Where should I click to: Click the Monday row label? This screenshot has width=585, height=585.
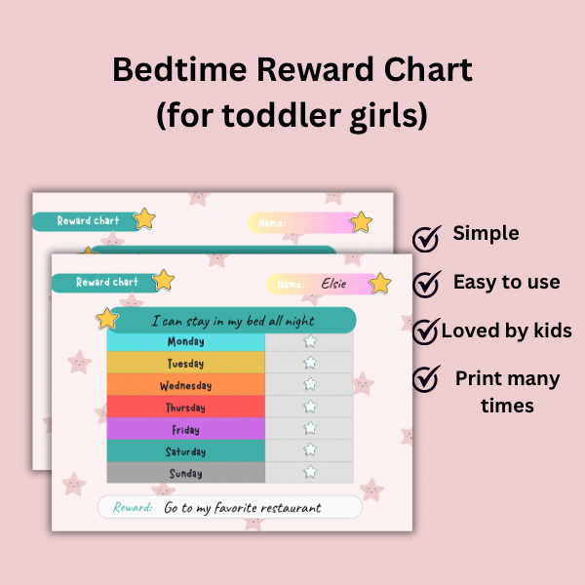click(x=186, y=341)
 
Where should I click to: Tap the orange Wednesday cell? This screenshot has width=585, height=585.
click(x=186, y=385)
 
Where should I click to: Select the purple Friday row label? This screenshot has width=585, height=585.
click(x=186, y=429)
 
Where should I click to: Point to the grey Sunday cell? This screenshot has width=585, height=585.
click(x=186, y=473)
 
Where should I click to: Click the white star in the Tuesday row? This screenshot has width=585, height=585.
click(x=310, y=363)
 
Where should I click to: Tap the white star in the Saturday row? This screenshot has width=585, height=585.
click(x=310, y=449)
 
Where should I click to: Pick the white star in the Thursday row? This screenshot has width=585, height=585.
click(x=310, y=407)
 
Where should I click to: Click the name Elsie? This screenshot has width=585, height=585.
click(x=333, y=284)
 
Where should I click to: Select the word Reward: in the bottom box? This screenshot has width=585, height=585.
click(x=133, y=507)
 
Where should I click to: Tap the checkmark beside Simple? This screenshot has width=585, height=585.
click(x=426, y=239)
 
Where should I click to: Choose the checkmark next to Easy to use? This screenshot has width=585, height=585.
click(x=426, y=284)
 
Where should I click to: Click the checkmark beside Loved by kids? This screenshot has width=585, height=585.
click(x=426, y=331)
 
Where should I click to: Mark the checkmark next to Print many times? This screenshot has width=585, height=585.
click(x=426, y=378)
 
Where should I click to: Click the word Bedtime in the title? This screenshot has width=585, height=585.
click(x=179, y=69)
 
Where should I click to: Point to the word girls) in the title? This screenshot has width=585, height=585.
click(x=388, y=116)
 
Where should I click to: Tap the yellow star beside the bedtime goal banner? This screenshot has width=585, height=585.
click(x=107, y=319)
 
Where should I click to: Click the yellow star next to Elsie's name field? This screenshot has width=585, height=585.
click(x=380, y=284)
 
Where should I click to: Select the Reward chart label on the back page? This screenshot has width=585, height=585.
click(x=88, y=221)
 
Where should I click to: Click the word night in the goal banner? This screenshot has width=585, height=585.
click(x=300, y=321)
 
